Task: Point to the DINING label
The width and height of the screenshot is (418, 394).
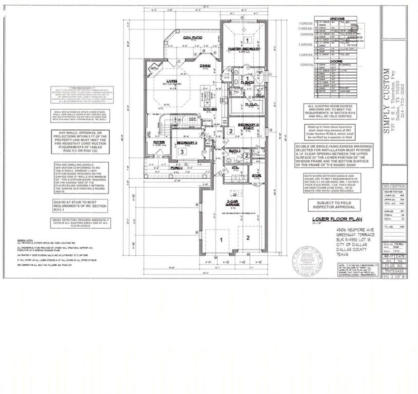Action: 205,66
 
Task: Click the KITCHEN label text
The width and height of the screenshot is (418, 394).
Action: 210,109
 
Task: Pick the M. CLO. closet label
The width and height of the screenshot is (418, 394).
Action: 250,105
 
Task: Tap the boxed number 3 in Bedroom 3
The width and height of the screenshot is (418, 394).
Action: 182,152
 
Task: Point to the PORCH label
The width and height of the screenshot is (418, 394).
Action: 178,167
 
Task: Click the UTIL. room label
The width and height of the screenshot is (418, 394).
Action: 235,167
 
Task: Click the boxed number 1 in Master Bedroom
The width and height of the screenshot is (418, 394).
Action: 247,40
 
